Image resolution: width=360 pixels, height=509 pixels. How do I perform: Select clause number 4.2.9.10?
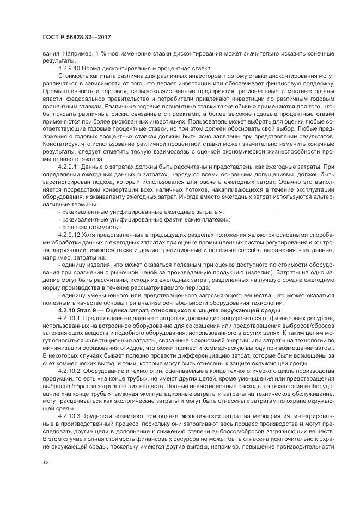(70, 68)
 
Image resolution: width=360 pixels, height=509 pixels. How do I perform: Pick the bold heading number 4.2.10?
(66, 309)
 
